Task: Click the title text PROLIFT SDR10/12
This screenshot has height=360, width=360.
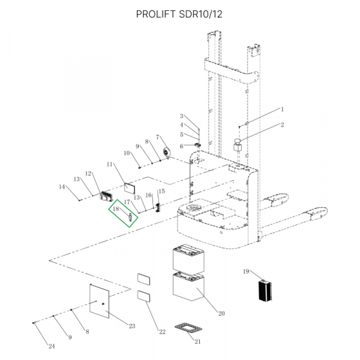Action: (179, 14)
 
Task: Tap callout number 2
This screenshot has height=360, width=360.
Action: (282, 125)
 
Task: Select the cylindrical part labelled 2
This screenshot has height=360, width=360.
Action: (238, 145)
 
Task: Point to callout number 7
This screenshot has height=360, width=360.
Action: (158, 137)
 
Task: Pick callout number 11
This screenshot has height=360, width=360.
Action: (109, 164)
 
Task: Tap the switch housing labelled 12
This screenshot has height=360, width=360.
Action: (107, 195)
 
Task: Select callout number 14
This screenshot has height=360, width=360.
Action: (62, 187)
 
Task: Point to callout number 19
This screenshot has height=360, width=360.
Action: (245, 272)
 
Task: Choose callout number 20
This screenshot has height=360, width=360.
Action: (221, 313)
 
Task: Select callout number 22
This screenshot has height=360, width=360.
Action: (162, 332)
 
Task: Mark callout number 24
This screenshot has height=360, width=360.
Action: (51, 347)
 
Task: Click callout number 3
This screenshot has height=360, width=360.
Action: (181, 116)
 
